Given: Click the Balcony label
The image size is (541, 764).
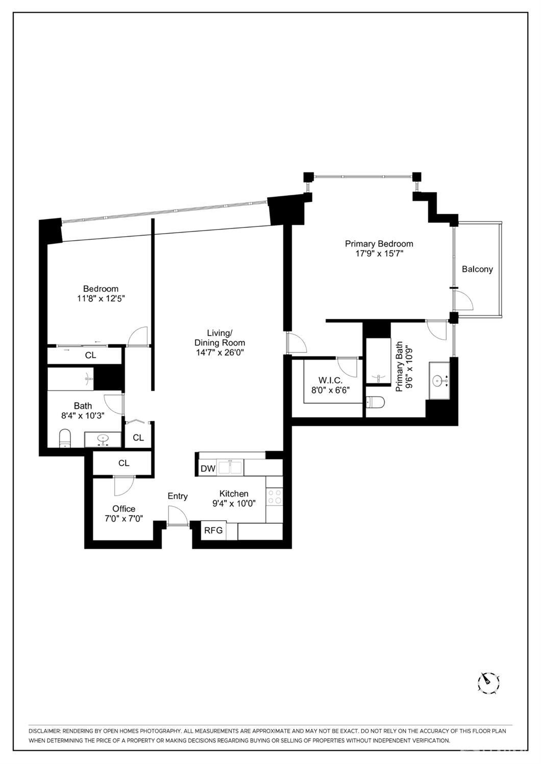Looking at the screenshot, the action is (477, 269).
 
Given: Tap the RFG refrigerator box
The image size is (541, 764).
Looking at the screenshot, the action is (213, 530).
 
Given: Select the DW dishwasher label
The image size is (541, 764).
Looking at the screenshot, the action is (208, 469).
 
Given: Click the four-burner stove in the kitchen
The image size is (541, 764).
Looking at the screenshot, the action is (275, 496).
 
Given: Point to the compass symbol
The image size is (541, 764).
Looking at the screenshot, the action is (488, 682).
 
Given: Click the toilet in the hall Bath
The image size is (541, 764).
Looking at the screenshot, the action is (64, 438).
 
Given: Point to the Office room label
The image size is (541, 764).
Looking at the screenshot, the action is (124, 508).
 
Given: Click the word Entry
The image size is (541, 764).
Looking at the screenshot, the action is (178, 496).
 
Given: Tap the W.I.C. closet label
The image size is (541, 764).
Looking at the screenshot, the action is (330, 380).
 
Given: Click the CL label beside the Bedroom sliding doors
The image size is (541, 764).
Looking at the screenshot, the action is (90, 355).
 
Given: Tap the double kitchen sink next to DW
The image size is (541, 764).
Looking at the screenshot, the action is (231, 467).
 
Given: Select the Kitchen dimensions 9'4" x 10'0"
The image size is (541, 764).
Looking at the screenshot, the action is (234, 504).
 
